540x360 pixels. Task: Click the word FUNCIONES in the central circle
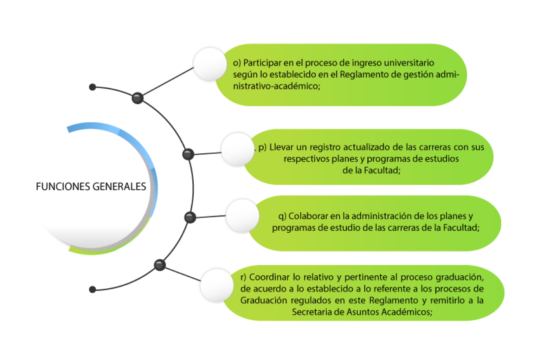point(63,186)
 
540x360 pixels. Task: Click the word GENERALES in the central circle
point(119,186)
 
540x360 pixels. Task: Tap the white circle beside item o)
point(210,64)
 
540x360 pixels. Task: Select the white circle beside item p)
point(238,149)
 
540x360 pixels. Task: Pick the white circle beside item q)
point(242,216)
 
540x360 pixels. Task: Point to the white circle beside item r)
point(217,285)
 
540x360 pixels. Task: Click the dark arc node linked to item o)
point(137,98)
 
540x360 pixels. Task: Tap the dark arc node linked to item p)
point(188,154)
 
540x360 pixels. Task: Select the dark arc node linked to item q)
point(190,217)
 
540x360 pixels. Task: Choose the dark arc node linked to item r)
point(160,265)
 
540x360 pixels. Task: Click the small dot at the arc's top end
point(92,87)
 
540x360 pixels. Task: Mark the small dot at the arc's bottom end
point(92,289)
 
